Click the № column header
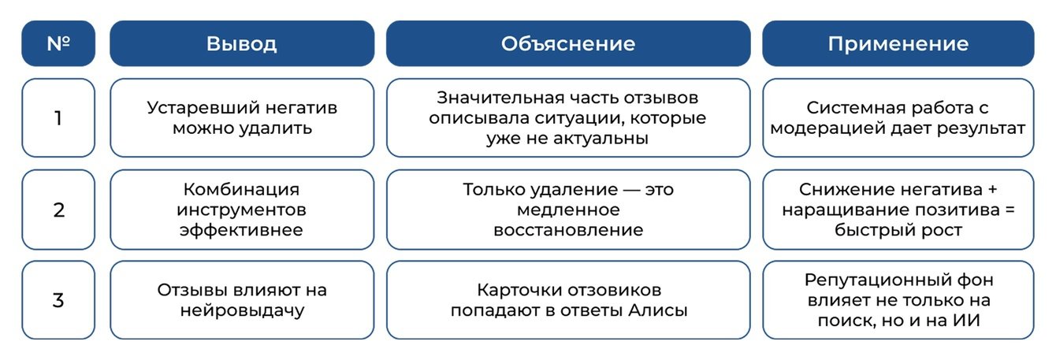point(58,43)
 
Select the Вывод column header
point(242,43)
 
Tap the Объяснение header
point(568,43)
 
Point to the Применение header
point(898,43)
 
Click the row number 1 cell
point(58,118)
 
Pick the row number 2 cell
point(58,210)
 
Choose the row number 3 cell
point(58,300)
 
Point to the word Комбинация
point(241,189)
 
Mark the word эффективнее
point(241,230)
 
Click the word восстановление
point(568,230)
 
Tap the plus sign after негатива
point(992,189)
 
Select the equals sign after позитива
point(1010,210)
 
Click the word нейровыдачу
point(242,311)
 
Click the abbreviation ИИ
point(966,321)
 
